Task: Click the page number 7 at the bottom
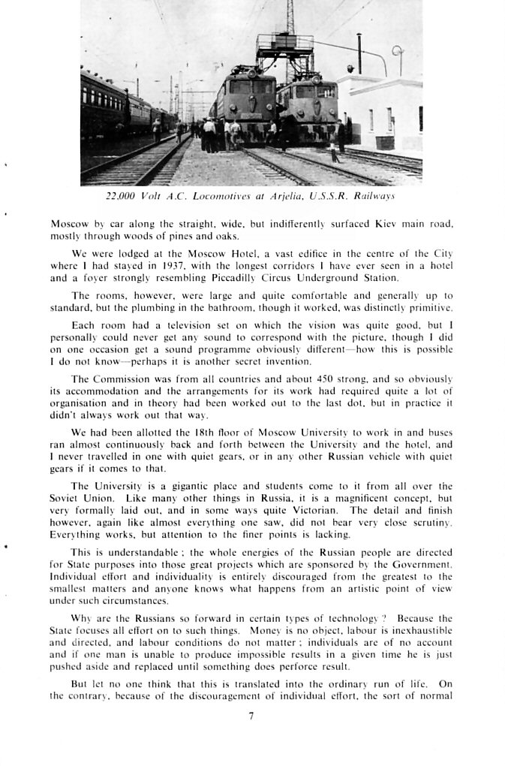(251, 716)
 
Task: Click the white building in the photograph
(383, 113)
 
